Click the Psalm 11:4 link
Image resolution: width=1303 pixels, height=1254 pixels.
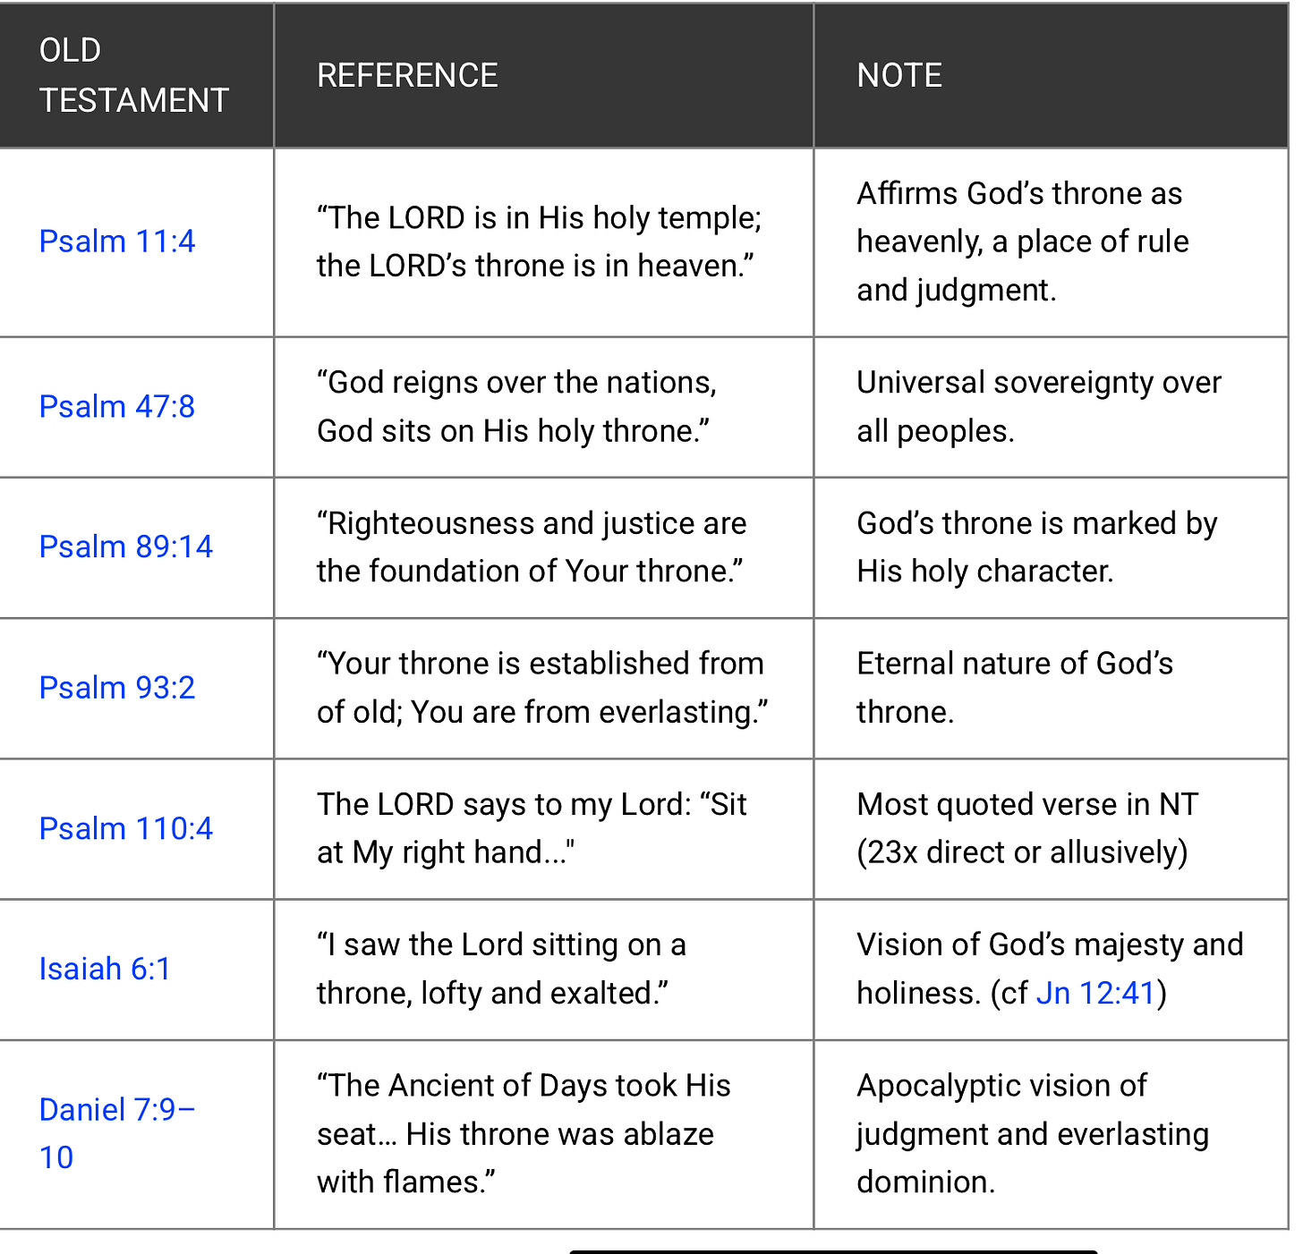[117, 241]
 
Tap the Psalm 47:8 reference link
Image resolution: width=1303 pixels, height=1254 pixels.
[117, 407]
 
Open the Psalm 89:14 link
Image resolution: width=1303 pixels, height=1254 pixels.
[126, 547]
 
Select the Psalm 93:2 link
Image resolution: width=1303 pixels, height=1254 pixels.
[117, 688]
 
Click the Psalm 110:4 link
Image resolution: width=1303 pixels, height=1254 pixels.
[126, 829]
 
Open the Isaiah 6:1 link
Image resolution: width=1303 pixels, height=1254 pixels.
[105, 970]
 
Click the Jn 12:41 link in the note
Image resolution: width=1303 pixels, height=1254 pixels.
[1096, 994]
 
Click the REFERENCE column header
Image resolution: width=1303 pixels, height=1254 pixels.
[407, 76]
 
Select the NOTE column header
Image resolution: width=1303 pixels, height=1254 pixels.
[899, 76]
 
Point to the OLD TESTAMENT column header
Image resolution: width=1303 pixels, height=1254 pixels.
[133, 76]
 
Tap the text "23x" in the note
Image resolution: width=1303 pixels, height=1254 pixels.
[892, 852]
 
